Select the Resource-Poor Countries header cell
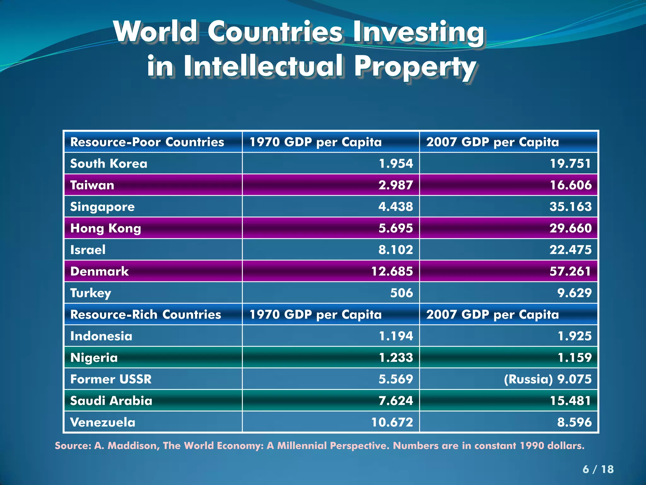pyautogui.click(x=147, y=142)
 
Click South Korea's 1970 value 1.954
pyautogui.click(x=396, y=164)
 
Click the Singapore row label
pyautogui.click(x=102, y=207)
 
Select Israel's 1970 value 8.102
pyautogui.click(x=396, y=250)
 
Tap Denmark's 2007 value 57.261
pyautogui.click(x=570, y=271)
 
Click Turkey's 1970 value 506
pyautogui.click(x=401, y=293)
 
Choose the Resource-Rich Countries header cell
pyautogui.click(x=145, y=314)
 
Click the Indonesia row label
pyautogui.click(x=101, y=336)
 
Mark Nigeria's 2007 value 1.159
pyautogui.click(x=574, y=357)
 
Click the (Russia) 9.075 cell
pyautogui.click(x=548, y=379)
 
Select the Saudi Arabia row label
pyautogui.click(x=111, y=401)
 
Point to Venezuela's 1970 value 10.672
pyautogui.click(x=392, y=422)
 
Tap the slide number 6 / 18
pyautogui.click(x=598, y=469)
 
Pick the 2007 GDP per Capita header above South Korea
pyautogui.click(x=492, y=142)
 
